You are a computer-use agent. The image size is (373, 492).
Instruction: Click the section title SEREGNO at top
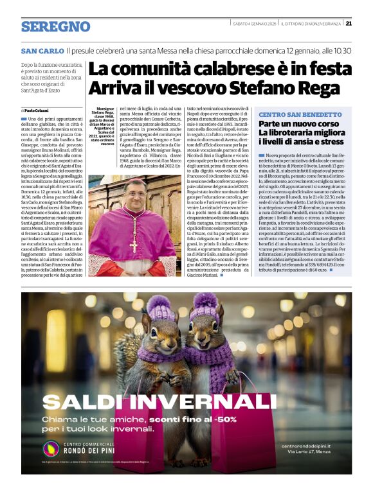click(55, 26)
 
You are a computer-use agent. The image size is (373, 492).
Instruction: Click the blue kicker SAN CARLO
click(42, 50)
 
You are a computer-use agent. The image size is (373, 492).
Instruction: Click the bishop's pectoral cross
click(134, 244)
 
